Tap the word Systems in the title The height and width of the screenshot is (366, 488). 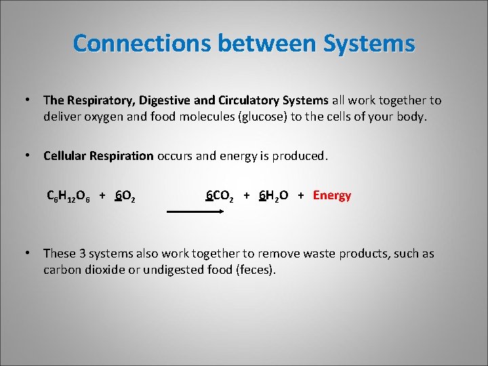click(369, 43)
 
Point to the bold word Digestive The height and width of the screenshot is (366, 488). click(167, 100)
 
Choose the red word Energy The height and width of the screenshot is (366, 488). click(332, 196)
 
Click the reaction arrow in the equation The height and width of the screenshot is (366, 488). click(196, 211)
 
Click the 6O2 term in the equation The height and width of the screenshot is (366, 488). click(125, 197)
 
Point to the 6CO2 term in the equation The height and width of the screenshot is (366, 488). click(220, 197)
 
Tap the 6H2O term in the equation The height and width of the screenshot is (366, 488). click(273, 197)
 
